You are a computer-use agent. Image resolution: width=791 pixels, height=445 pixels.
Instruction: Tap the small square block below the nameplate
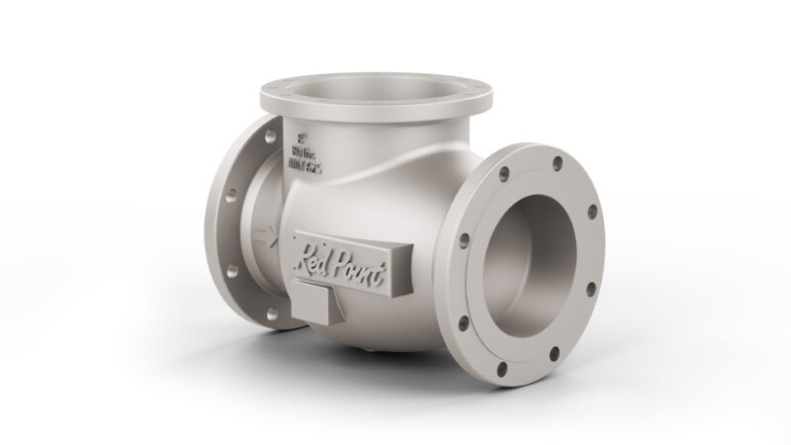click(312, 304)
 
